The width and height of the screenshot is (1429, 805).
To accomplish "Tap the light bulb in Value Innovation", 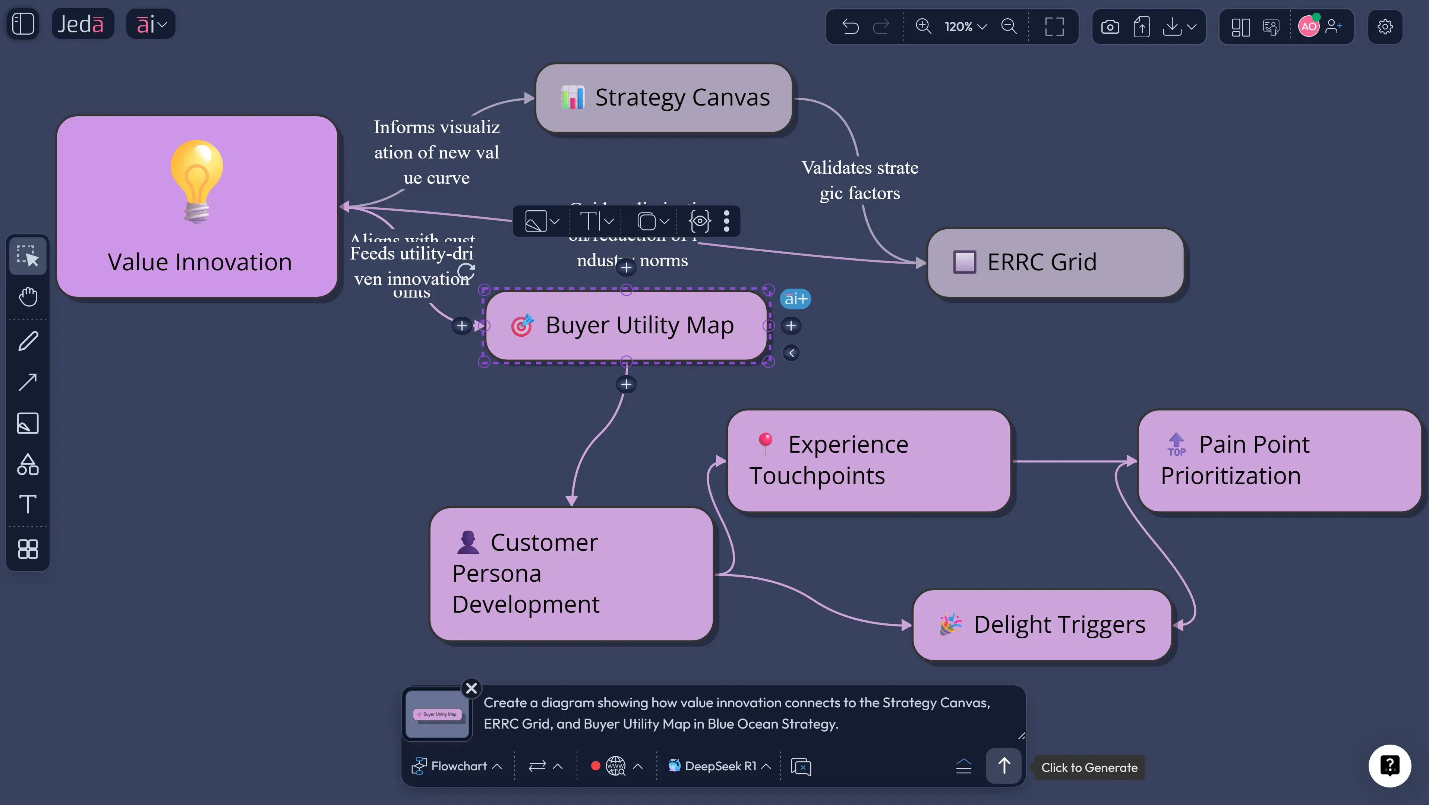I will coord(197,181).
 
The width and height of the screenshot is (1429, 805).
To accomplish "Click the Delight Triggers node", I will coord(1042,625).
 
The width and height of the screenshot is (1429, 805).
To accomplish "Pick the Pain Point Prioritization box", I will coord(1279,460).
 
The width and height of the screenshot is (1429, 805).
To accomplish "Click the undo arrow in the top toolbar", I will coord(850,26).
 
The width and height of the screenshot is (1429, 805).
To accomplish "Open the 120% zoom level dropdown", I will coord(965,26).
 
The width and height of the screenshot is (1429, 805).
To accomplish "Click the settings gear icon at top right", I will coord(1385,26).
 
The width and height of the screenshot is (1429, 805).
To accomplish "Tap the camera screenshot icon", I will coord(1110,26).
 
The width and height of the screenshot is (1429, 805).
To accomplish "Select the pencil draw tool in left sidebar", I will coord(28,341).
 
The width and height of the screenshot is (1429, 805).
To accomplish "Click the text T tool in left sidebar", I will coord(28,504).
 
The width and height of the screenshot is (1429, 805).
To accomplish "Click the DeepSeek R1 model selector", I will coord(719,766).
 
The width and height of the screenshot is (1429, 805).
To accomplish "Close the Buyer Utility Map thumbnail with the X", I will coord(471,688).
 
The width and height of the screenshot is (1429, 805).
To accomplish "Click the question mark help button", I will coord(1389,765).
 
